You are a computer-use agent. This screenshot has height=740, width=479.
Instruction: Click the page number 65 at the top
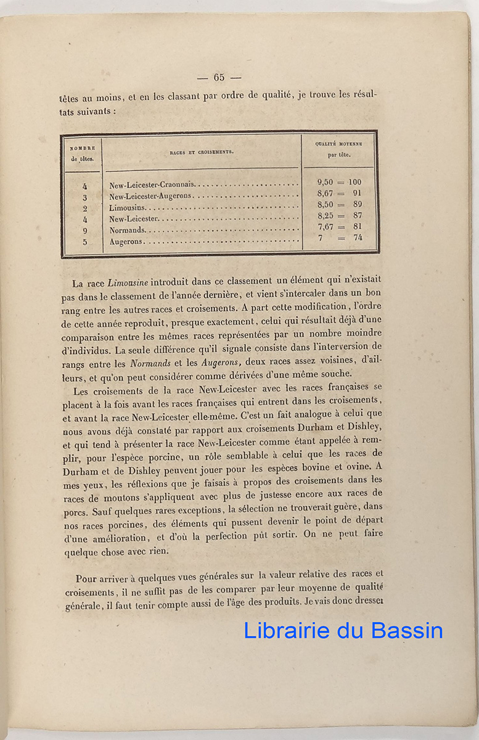tap(219, 77)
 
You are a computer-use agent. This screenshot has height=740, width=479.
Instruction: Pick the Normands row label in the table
tap(128, 231)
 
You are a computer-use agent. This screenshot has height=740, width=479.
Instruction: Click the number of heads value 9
tap(85, 231)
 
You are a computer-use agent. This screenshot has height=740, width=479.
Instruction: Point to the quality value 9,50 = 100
tap(339, 182)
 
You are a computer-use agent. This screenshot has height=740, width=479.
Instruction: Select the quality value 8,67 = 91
tap(339, 194)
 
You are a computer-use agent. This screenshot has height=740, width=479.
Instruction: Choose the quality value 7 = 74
tap(339, 238)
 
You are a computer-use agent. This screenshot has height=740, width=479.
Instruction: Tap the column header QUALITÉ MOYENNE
tap(338, 143)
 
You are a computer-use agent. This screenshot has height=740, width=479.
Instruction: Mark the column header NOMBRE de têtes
tap(82, 153)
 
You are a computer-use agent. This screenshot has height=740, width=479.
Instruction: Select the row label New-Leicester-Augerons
tap(151, 196)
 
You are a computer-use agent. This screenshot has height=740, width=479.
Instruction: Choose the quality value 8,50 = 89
tap(339, 205)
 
